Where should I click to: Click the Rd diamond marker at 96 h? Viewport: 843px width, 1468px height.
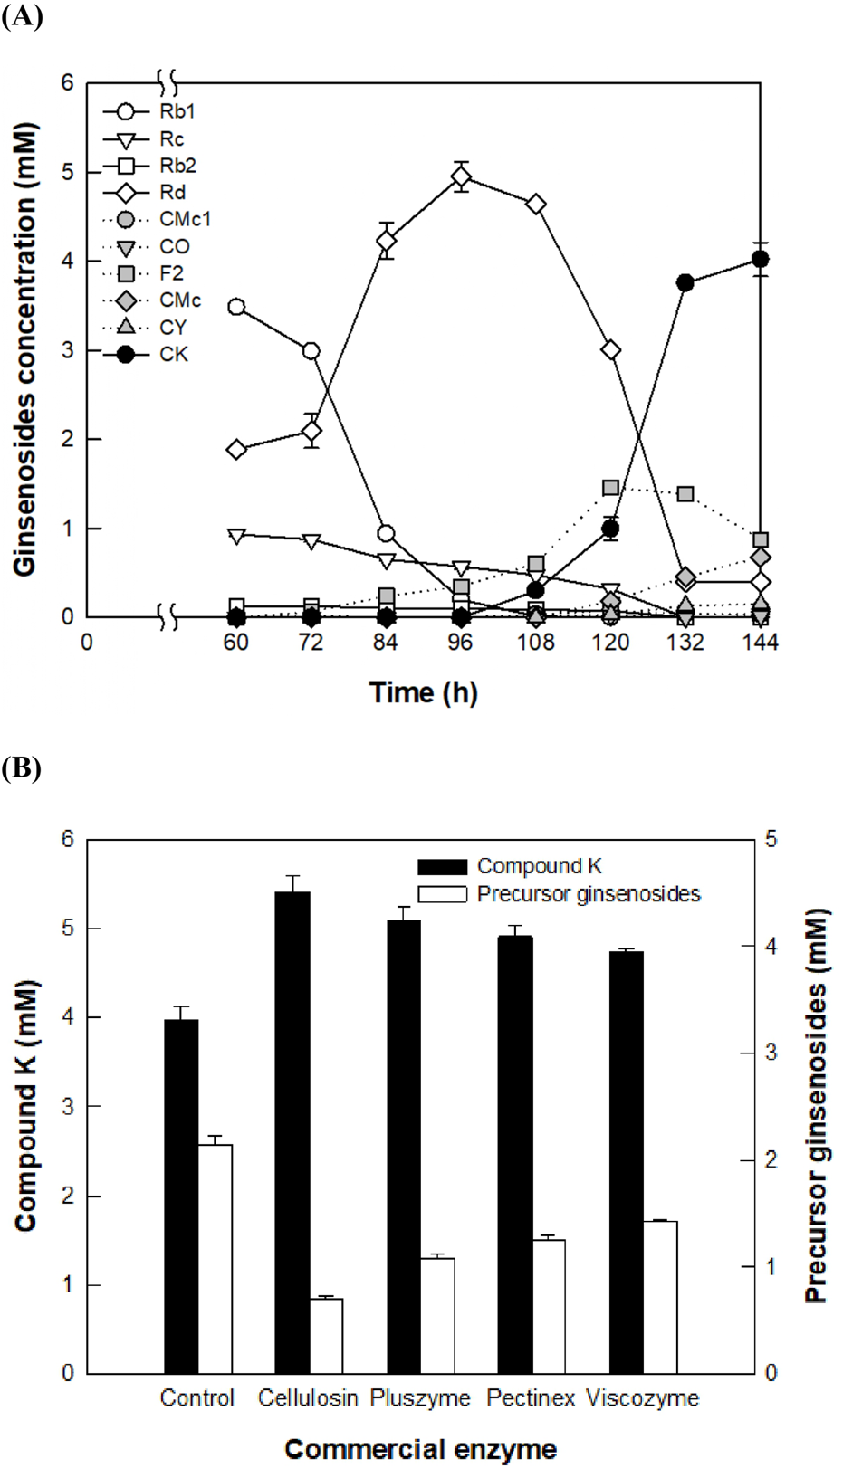click(461, 176)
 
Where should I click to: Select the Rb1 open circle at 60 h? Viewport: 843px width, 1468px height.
click(236, 307)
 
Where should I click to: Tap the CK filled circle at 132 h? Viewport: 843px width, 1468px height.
click(685, 282)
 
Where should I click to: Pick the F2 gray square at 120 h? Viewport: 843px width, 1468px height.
click(610, 488)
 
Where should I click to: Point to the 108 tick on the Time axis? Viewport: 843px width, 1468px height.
click(535, 642)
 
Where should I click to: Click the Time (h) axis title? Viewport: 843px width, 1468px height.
click(423, 692)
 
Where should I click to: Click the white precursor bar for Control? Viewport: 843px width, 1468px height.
click(216, 1258)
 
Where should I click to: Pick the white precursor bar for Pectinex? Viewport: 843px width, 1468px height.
click(549, 1306)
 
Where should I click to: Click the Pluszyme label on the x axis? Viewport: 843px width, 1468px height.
click(420, 1398)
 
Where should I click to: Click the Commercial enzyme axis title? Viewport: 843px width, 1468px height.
click(420, 1449)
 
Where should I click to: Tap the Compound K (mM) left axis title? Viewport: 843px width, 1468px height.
click(25, 1106)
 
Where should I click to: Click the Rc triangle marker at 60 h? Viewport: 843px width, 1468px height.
click(236, 536)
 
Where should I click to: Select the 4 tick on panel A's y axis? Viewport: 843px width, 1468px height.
click(67, 262)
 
